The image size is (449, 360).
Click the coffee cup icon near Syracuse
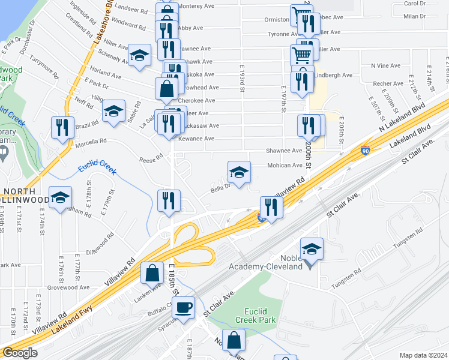pos(185,307)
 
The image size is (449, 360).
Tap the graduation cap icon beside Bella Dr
pos(239,172)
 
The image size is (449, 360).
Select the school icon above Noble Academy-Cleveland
pos(312,248)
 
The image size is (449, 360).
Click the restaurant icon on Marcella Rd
pos(62,127)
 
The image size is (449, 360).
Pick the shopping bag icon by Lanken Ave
pos(152,272)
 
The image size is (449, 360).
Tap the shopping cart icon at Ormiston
pos(301,16)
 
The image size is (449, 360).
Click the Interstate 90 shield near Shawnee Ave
pos(365,151)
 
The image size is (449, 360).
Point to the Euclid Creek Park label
pos(260,316)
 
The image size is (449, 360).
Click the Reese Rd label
pos(151,158)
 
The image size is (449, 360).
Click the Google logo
pos(19,353)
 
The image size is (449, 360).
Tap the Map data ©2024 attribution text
pos(423,355)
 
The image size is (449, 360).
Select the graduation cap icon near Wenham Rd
pos(60,200)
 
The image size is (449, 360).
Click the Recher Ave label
pos(388,83)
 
